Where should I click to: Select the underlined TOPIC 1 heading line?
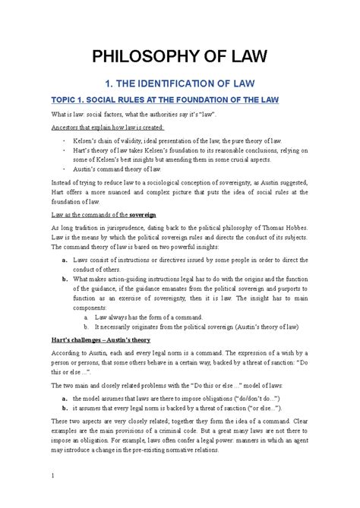pos(180,99)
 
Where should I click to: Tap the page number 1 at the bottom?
pos(52,476)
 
